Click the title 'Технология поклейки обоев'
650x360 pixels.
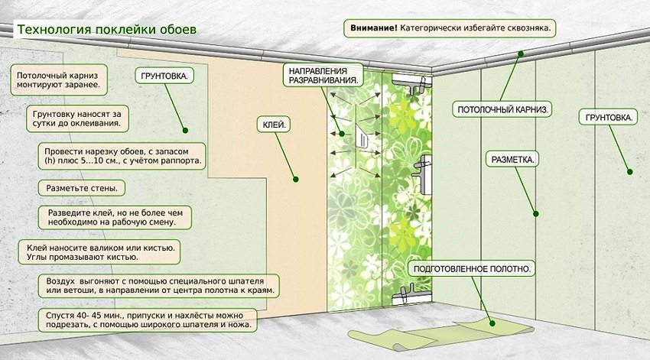click(x=106, y=29)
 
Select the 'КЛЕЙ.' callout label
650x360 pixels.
click(x=275, y=122)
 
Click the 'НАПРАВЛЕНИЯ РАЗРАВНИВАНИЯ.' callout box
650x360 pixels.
click(x=322, y=75)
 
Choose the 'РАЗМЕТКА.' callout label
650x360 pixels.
click(x=512, y=160)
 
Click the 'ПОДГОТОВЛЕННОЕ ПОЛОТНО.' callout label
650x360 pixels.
click(x=472, y=269)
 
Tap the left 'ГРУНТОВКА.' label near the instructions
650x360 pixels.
click(x=164, y=76)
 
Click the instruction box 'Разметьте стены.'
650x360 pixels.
click(x=81, y=187)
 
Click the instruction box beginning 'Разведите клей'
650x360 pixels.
click(x=115, y=216)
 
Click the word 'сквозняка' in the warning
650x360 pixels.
click(x=525, y=28)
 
